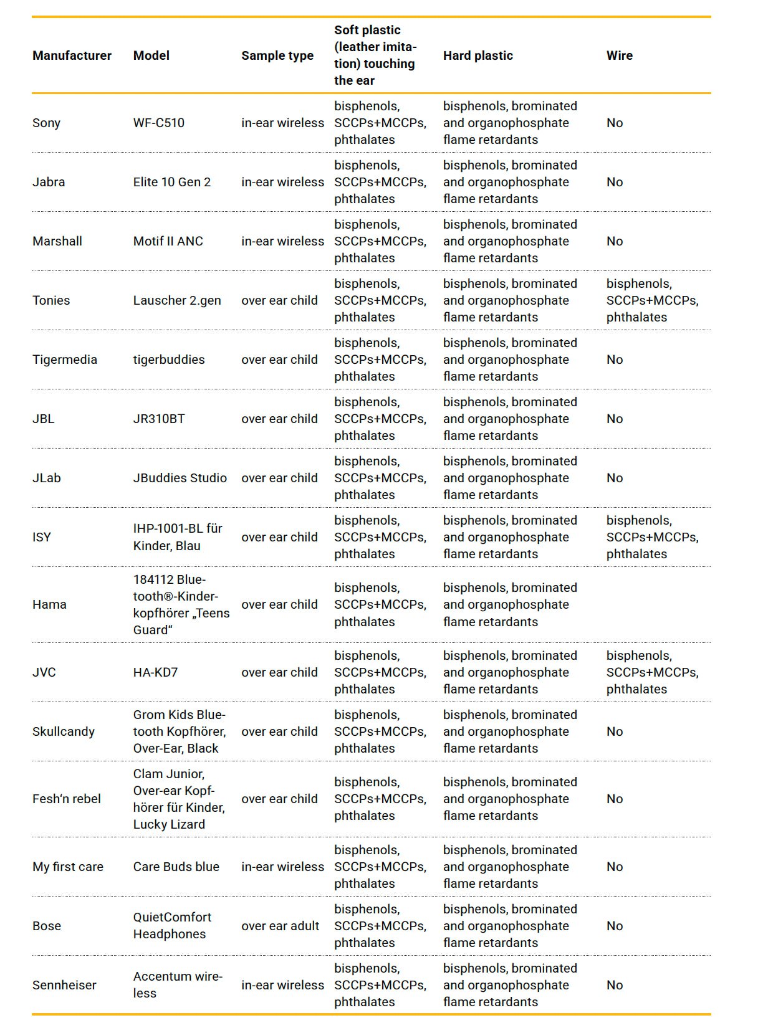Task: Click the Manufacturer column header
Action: (72, 55)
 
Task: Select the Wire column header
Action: (619, 55)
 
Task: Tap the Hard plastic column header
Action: (477, 55)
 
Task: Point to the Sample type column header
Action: (277, 55)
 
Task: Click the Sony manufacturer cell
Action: (46, 123)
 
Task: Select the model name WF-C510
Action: (158, 123)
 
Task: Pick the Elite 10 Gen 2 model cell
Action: (171, 182)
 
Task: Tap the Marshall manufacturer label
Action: (57, 241)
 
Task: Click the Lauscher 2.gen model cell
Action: (176, 300)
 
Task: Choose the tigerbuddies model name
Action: (168, 359)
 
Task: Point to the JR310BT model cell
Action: (158, 419)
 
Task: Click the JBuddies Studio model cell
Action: (180, 478)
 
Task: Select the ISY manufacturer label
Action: (42, 537)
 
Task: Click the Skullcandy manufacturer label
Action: (63, 731)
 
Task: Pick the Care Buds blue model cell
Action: (176, 867)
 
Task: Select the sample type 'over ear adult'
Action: (280, 926)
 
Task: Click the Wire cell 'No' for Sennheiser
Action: (614, 985)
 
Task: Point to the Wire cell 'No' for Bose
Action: (614, 926)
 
